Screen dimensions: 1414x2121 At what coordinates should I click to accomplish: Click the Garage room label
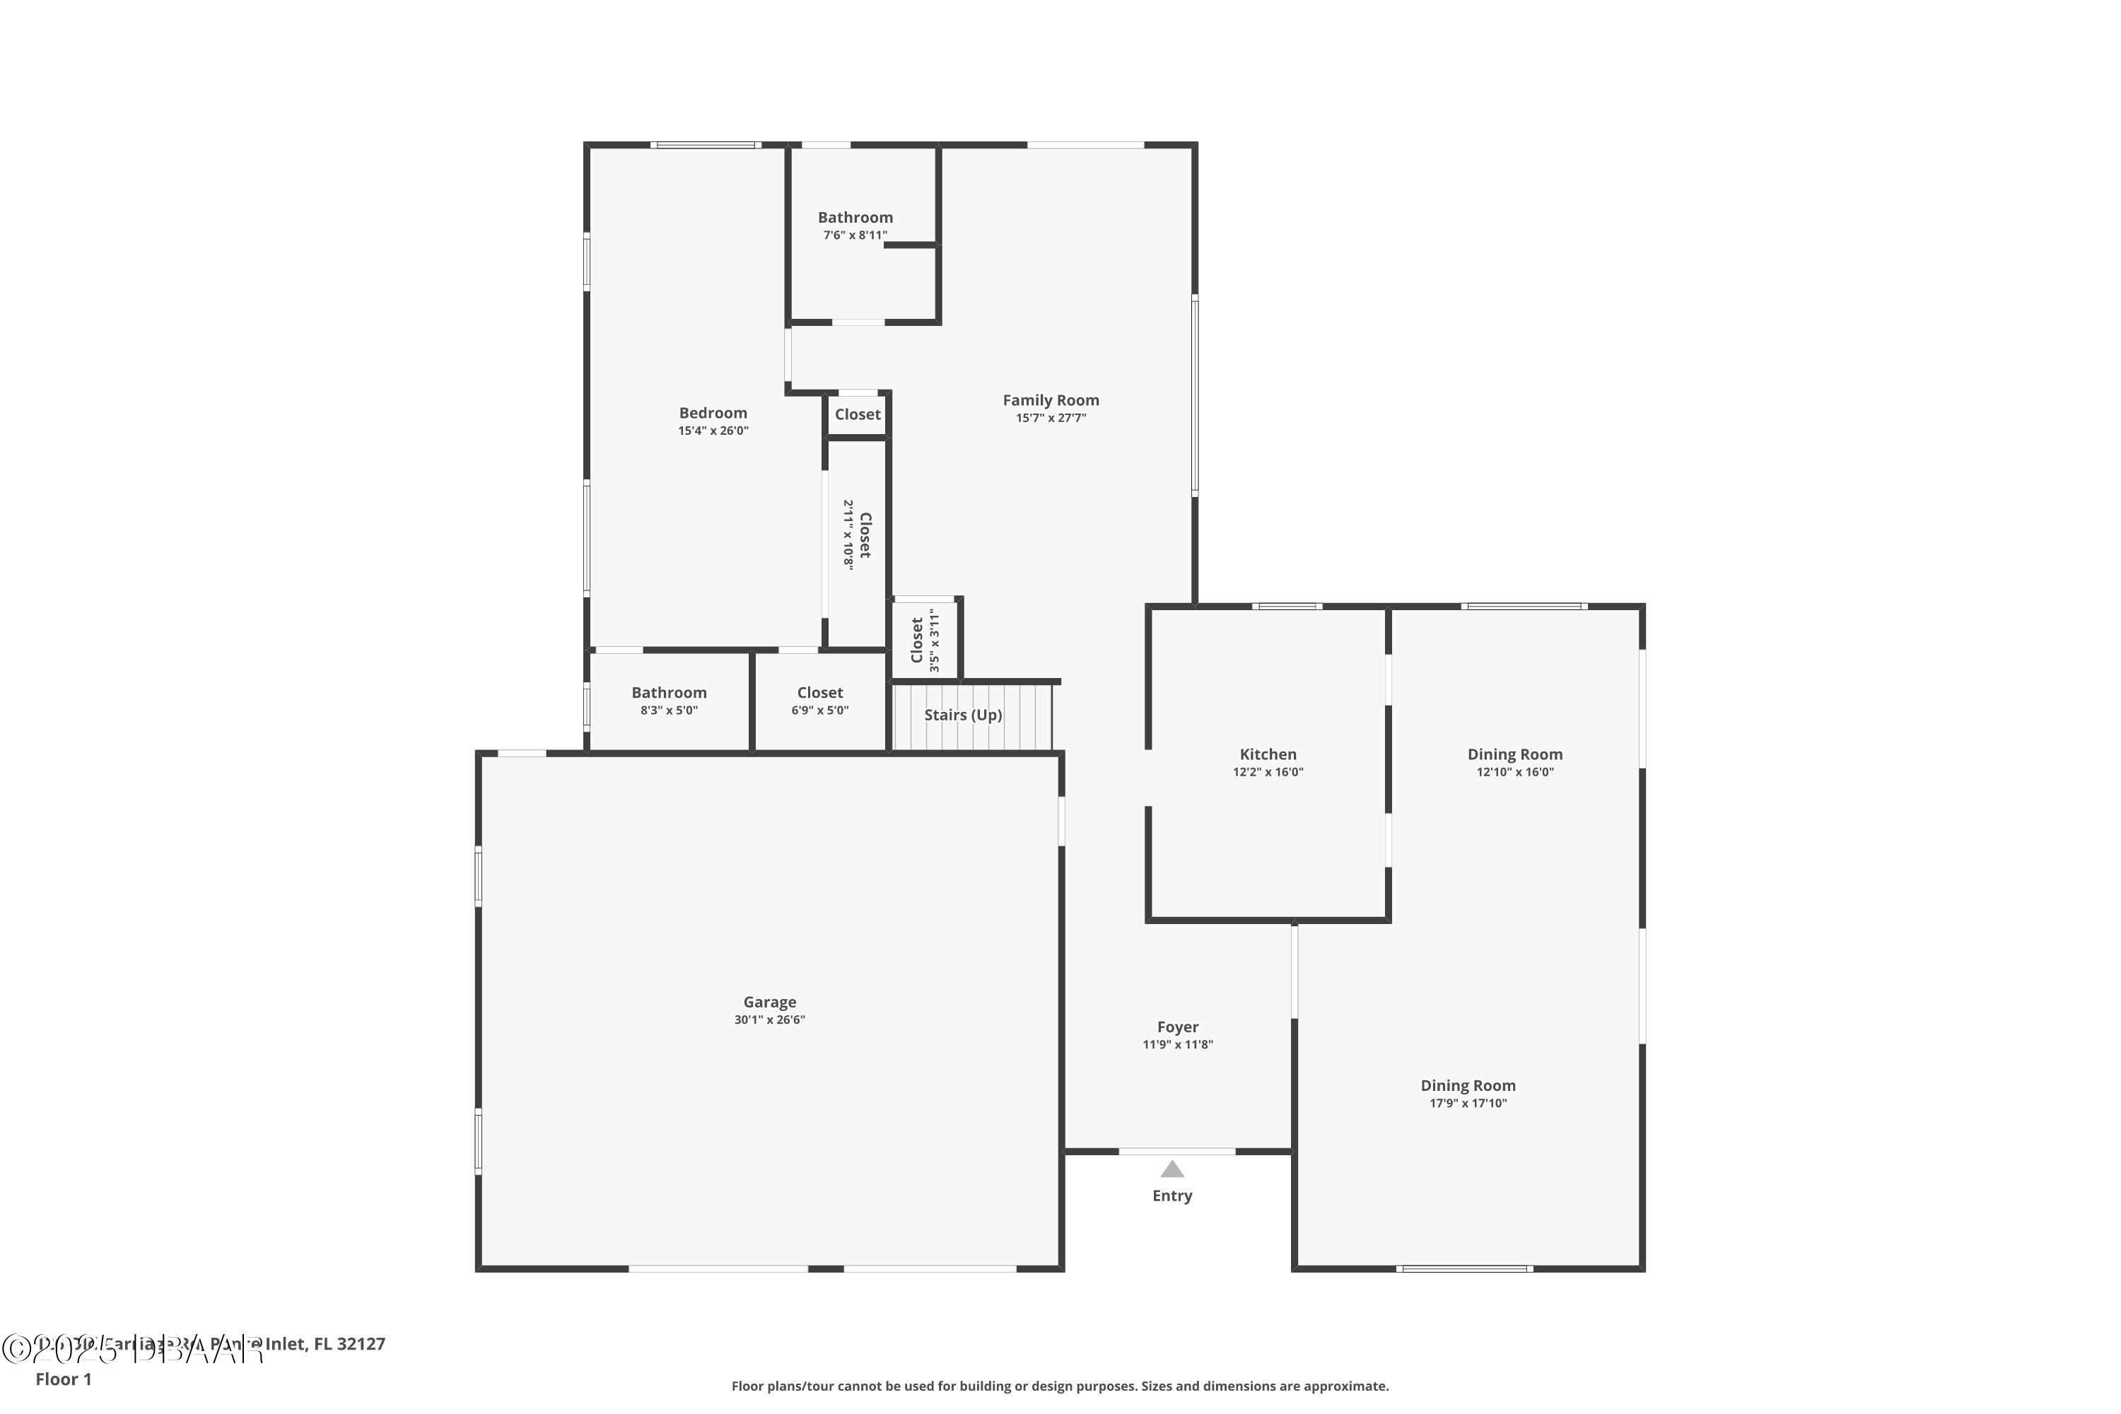(769, 1002)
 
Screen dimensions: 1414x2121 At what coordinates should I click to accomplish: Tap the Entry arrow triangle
(1171, 1169)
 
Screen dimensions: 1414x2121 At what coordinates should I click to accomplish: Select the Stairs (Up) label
(962, 715)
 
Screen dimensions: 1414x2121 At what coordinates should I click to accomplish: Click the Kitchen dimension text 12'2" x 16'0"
(1268, 772)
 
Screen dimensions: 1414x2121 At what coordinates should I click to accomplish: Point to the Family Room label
(1051, 400)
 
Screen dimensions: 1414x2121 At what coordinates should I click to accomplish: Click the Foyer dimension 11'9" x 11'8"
(1178, 1044)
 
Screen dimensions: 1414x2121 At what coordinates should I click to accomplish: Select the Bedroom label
(713, 413)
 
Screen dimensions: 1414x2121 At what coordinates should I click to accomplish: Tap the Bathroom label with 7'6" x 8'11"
(855, 217)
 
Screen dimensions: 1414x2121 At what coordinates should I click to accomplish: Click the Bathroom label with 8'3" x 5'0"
(668, 693)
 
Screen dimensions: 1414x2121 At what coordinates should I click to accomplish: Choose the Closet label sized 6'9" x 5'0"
(819, 693)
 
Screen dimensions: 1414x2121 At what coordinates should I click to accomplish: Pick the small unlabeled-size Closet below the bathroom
(857, 415)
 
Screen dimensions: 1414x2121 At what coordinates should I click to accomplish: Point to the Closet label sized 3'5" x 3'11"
(918, 641)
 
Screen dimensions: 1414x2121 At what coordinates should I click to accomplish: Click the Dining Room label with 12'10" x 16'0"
(1514, 755)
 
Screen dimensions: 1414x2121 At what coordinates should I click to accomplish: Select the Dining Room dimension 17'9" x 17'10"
(1467, 1103)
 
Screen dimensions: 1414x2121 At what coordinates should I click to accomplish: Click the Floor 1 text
(63, 1379)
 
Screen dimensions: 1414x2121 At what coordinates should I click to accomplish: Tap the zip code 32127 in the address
(361, 1344)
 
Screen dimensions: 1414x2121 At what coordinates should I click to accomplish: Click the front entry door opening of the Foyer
(1177, 1152)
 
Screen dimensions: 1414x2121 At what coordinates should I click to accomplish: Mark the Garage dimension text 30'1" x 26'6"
(769, 1020)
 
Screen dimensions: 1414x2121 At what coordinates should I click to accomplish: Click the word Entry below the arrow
(1171, 1196)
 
